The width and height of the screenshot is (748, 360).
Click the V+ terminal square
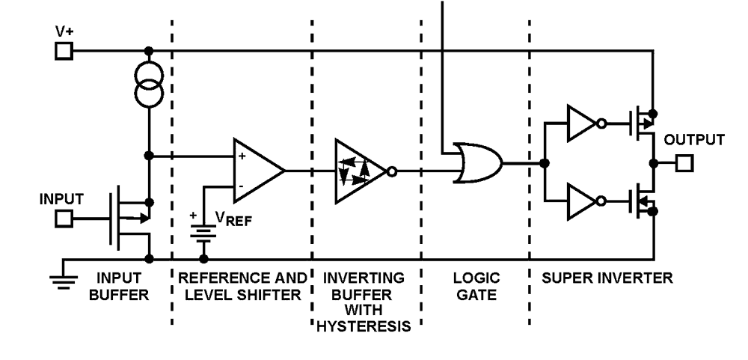(64, 51)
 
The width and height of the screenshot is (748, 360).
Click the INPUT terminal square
(64, 218)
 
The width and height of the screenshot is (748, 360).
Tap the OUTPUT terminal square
(684, 162)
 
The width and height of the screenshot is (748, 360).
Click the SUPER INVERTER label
(608, 278)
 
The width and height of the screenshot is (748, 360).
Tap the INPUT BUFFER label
(119, 286)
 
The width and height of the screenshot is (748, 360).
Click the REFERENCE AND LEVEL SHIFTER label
(242, 286)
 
